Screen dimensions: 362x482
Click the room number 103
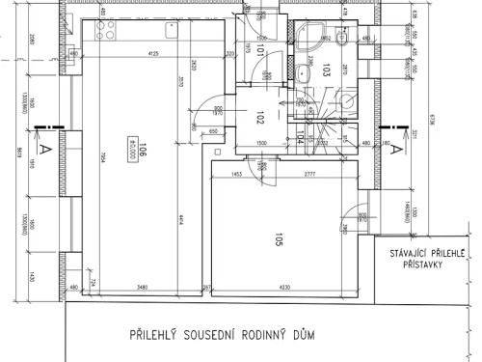tap(327, 70)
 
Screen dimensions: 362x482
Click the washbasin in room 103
tap(305, 71)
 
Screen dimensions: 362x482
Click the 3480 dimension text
tap(142, 287)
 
